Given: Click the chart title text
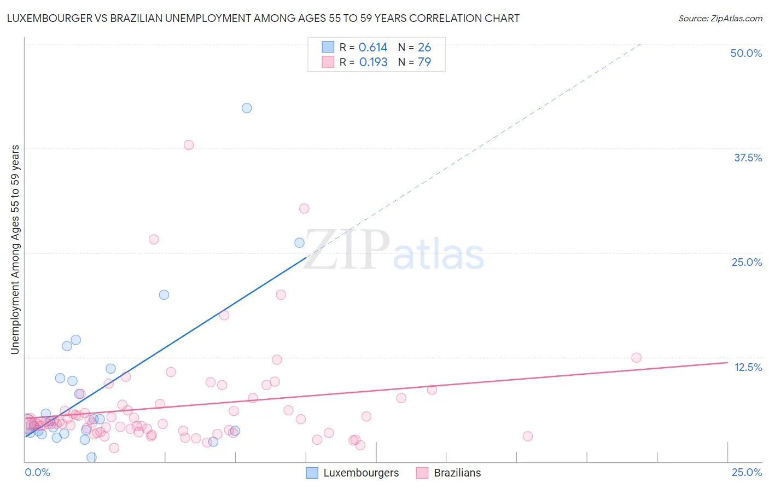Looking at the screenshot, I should [263, 18].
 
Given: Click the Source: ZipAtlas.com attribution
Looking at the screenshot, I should [720, 18].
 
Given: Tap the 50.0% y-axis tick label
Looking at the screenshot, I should [746, 53].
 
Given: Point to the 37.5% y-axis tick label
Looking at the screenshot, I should [748, 158].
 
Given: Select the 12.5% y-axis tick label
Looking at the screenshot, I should [748, 367].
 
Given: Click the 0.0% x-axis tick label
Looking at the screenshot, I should [37, 472].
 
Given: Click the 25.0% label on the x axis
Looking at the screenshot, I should [747, 472].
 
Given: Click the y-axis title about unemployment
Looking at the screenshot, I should [15, 249].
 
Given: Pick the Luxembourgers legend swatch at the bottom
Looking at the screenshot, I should [312, 473].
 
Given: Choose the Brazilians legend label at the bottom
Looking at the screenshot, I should [457, 473].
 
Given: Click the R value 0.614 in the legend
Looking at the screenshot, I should [373, 48].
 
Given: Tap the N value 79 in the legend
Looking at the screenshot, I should [424, 62].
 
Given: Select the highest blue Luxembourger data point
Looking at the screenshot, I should [247, 108].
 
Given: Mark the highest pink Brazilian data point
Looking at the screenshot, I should [189, 145].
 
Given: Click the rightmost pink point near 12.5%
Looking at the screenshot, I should [636, 358].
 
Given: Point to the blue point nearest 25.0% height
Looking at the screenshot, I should [299, 243].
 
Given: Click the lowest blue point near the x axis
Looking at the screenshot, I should [91, 457].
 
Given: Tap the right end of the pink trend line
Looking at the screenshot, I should [728, 362].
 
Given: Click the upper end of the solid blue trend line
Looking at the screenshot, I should [306, 257].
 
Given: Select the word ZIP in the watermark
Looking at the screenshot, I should [347, 250].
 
